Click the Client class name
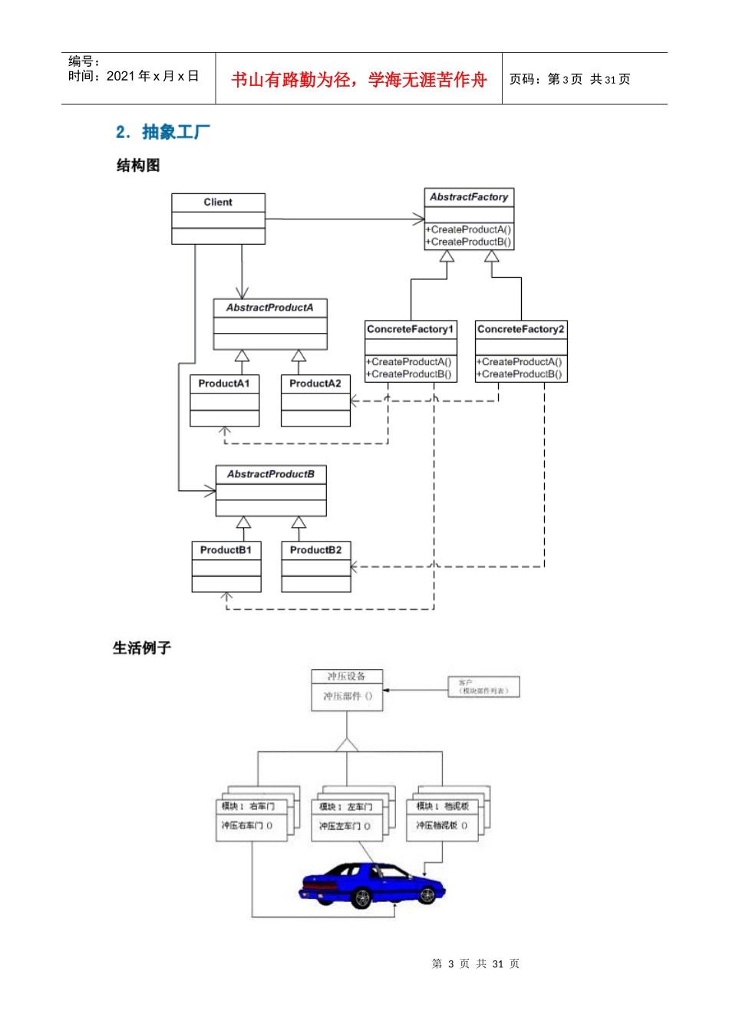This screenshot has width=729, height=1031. [x=218, y=203]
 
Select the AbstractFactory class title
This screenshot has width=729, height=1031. [x=469, y=197]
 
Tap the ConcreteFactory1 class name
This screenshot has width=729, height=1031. [x=411, y=329]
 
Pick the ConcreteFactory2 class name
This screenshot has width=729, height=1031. [x=521, y=329]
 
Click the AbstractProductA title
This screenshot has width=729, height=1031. [x=270, y=308]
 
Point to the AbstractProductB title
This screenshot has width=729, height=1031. [x=271, y=474]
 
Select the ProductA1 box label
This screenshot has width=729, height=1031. [x=224, y=384]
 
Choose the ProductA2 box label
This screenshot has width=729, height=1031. [x=315, y=384]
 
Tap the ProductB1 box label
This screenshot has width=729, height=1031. [x=226, y=550]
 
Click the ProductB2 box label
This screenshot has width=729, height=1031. [x=316, y=550]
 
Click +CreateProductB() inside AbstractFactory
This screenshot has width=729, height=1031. [x=469, y=242]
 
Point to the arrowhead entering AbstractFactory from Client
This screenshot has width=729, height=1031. [x=419, y=219]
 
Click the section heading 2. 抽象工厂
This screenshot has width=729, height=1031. [x=163, y=132]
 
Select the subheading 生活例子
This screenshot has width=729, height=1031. [x=142, y=648]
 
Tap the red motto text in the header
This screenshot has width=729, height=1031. [x=358, y=80]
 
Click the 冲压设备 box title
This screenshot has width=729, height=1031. [x=346, y=677]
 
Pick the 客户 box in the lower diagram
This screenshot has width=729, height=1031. [x=483, y=687]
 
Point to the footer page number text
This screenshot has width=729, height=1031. [x=475, y=963]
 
